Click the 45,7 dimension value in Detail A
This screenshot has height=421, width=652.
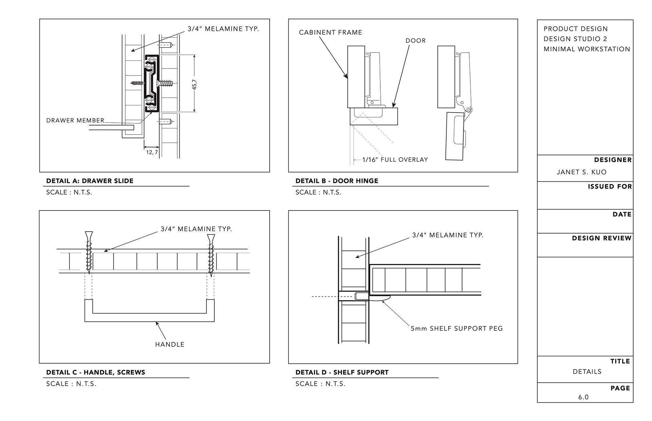pyautogui.click(x=195, y=84)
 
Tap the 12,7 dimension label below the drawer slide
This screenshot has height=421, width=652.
pyautogui.click(x=152, y=153)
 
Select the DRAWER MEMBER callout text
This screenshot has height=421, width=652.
pyautogui.click(x=75, y=121)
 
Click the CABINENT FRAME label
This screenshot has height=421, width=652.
pyautogui.click(x=330, y=33)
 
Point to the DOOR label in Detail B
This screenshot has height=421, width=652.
pyautogui.click(x=415, y=41)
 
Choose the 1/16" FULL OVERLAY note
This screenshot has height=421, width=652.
pyautogui.click(x=395, y=160)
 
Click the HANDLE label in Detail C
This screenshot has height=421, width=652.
pyautogui.click(x=169, y=344)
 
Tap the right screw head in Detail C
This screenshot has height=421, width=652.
pyautogui.click(x=211, y=238)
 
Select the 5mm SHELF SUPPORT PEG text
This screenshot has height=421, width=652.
pyautogui.click(x=456, y=328)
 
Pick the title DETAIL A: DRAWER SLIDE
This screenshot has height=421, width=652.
pyautogui.click(x=90, y=181)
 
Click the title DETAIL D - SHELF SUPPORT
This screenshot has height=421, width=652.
pyautogui.click(x=342, y=373)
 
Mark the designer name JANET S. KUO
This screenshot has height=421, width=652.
pyautogui.click(x=581, y=172)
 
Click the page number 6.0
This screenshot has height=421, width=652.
pyautogui.click(x=583, y=397)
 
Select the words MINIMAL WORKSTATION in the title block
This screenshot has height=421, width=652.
pyautogui.click(x=586, y=49)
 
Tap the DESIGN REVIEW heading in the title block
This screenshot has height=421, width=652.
pyautogui.click(x=601, y=238)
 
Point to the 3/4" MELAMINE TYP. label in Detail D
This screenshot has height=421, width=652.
pyautogui.click(x=447, y=235)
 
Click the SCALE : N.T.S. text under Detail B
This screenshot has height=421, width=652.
pyautogui.click(x=318, y=193)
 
